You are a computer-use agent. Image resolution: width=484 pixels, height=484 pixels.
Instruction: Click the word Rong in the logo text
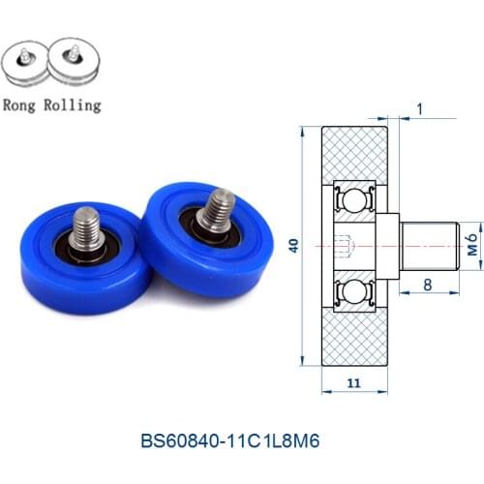pos(23,105)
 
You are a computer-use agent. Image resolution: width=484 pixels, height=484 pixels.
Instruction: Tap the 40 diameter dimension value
pos(294,247)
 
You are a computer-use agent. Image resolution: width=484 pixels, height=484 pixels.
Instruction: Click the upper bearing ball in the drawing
pos(353,200)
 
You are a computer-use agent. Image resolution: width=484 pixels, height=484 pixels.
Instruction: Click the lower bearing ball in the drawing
pos(353,293)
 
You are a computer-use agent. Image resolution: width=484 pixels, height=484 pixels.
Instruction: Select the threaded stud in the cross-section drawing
pos(427,247)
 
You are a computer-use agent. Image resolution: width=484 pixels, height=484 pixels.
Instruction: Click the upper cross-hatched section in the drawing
pos(353,150)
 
